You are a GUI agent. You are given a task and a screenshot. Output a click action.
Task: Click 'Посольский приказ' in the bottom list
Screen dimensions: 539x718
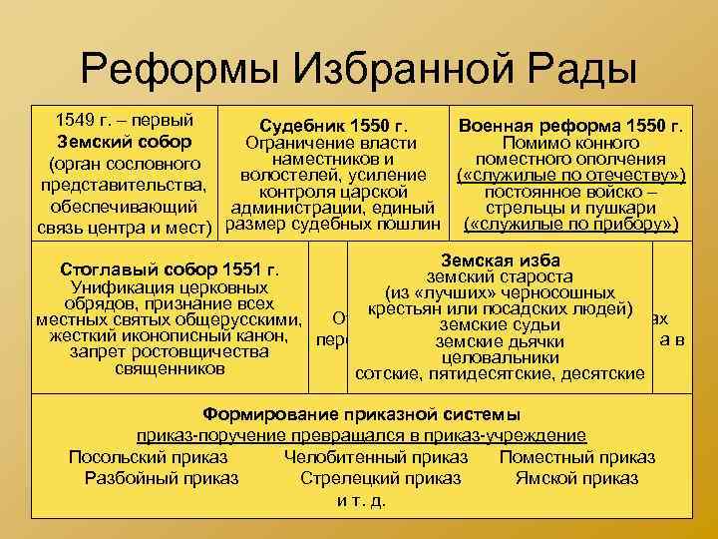tap(149, 457)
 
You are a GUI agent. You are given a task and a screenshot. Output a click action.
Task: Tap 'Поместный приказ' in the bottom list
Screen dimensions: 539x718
tap(577, 457)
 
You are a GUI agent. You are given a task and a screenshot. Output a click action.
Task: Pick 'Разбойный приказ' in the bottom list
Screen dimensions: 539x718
tap(162, 478)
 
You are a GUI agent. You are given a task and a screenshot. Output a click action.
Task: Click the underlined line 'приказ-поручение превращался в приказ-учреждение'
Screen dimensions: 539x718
tap(361, 436)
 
